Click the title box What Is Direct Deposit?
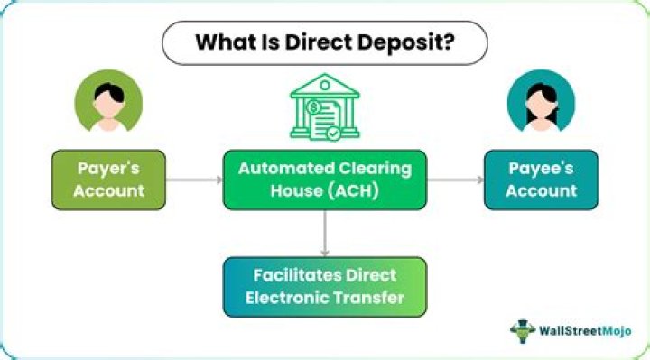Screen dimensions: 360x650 [x=324, y=42]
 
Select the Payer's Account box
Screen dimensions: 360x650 [x=109, y=180]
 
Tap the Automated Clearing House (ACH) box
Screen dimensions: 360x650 [x=324, y=180]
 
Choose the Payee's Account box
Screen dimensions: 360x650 [x=541, y=180]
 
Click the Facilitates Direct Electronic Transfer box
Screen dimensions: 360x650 [x=324, y=285]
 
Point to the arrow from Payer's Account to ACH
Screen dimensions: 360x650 [x=194, y=180]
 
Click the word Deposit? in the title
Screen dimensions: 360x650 [x=408, y=42]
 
